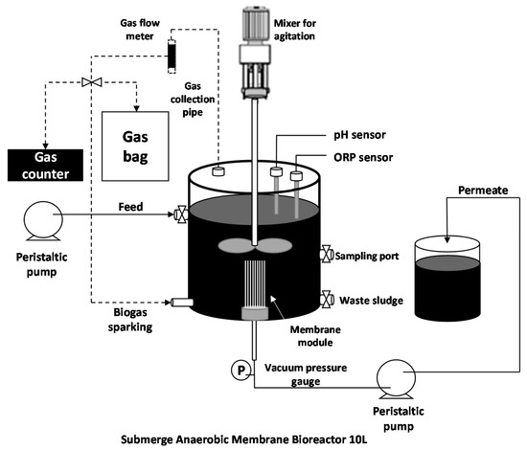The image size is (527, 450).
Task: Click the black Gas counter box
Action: click(x=45, y=166)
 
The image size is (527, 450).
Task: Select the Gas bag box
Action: click(x=135, y=146)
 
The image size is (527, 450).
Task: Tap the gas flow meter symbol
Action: click(x=172, y=56)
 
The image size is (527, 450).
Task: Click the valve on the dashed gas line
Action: click(x=92, y=82)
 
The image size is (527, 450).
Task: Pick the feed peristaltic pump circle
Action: click(x=43, y=220)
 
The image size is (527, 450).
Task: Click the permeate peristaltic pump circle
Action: click(x=396, y=379)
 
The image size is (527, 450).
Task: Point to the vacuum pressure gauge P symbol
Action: click(x=241, y=371)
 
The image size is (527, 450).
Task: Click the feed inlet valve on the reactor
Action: click(x=181, y=214)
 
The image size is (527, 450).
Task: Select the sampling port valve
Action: click(x=327, y=254)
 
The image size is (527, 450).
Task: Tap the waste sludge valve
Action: click(x=327, y=299)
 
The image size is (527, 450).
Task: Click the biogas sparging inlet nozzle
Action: click(x=182, y=303)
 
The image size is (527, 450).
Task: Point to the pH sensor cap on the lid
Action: click(x=276, y=171)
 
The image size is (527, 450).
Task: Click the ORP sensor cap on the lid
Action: click(x=296, y=176)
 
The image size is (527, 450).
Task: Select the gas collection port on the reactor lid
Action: click(x=218, y=171)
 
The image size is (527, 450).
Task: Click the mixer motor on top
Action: click(x=256, y=25)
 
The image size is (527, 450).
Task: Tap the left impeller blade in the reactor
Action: click(x=236, y=245)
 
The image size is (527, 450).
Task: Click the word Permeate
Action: click(x=483, y=191)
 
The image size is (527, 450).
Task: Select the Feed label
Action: click(x=130, y=207)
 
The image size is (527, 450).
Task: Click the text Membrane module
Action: click(x=315, y=336)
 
